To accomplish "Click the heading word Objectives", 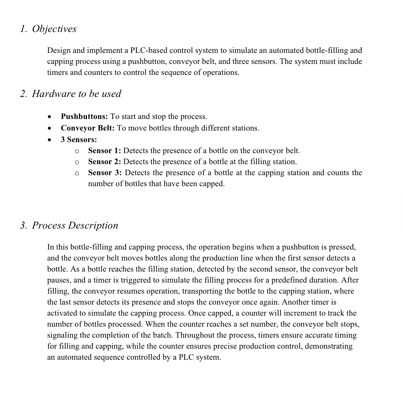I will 54,29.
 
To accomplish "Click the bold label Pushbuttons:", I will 84,116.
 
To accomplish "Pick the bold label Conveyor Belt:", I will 87,128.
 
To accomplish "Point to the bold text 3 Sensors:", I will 79,140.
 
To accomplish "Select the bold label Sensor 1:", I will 104,151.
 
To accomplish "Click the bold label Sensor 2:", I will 104,162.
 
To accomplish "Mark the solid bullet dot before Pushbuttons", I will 49,117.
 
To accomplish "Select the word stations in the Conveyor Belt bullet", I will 246,128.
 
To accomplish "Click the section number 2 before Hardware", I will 23,94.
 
